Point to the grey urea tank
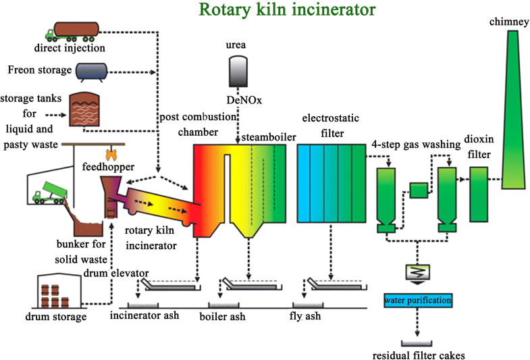(238, 70)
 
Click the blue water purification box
(417, 299)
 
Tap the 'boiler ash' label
(222, 316)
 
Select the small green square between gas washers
(418, 191)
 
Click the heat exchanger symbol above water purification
(417, 272)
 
